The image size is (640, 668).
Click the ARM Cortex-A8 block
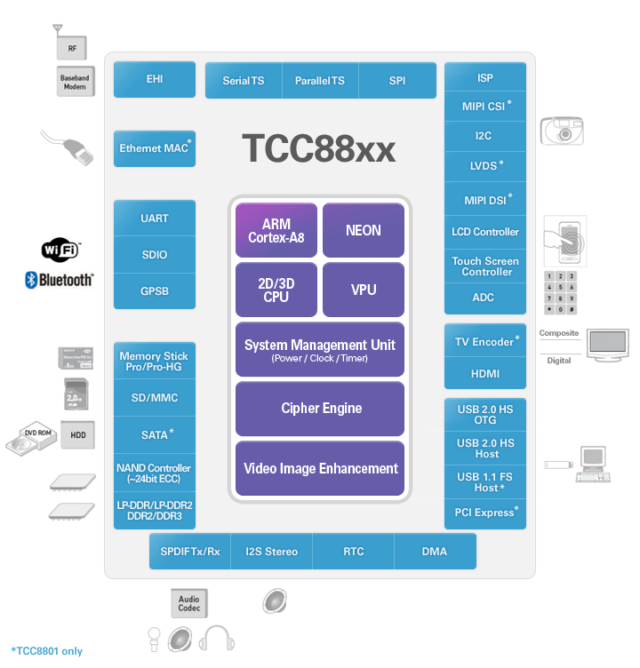pyautogui.click(x=276, y=231)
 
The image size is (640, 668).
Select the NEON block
pyautogui.click(x=363, y=231)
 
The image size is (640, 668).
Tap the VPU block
pyautogui.click(x=363, y=290)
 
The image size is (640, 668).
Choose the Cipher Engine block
pyautogui.click(x=321, y=409)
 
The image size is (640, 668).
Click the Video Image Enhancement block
pyautogui.click(x=321, y=468)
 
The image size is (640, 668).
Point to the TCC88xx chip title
pyautogui.click(x=318, y=148)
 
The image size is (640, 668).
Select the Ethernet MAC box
pyautogui.click(x=155, y=148)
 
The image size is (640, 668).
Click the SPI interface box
pyautogui.click(x=397, y=81)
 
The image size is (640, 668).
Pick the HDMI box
pyautogui.click(x=484, y=374)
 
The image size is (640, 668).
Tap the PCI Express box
pyautogui.click(x=484, y=513)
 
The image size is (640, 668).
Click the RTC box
pyautogui.click(x=353, y=552)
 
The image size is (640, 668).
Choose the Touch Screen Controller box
pyautogui.click(x=484, y=266)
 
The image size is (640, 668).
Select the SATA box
pyautogui.click(x=155, y=434)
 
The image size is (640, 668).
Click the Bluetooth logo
pyautogui.click(x=60, y=280)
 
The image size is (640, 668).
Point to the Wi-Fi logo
pyautogui.click(x=60, y=250)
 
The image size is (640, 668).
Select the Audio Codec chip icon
pyautogui.click(x=188, y=603)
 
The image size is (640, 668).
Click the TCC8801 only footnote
pyautogui.click(x=46, y=651)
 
